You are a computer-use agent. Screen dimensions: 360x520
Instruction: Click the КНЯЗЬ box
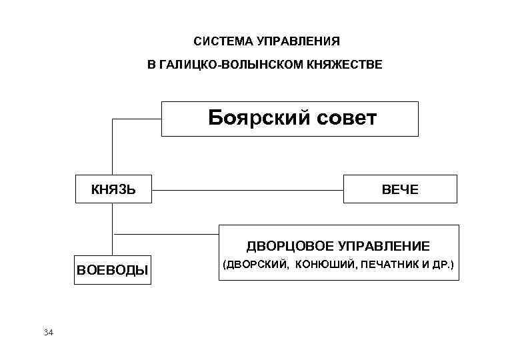113,189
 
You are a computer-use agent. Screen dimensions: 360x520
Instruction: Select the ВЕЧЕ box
400,189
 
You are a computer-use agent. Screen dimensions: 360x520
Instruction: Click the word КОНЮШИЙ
325,265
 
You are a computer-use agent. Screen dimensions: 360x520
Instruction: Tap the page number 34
48,332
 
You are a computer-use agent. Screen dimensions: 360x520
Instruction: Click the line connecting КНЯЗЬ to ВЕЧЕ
247,190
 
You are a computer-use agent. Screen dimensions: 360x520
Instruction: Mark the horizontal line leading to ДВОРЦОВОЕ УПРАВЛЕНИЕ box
167,234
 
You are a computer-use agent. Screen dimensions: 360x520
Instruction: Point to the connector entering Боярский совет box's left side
137,119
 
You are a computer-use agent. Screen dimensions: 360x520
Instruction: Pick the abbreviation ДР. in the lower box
443,265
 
